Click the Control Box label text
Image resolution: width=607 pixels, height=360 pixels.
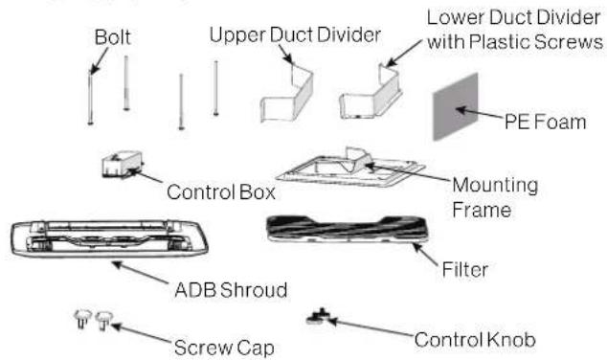click(x=221, y=191)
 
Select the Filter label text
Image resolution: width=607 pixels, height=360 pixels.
click(x=471, y=271)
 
